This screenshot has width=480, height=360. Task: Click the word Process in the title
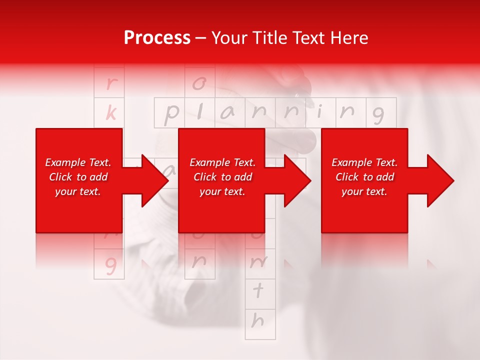pyautogui.click(x=157, y=38)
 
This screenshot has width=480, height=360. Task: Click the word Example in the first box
pyautogui.click(x=65, y=162)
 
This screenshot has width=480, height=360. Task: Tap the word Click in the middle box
pyautogui.click(x=204, y=177)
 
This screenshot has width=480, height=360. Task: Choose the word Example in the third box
pyautogui.click(x=351, y=162)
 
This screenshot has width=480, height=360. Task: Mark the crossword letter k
pyautogui.click(x=110, y=113)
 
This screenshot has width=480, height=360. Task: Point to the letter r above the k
pyautogui.click(x=110, y=83)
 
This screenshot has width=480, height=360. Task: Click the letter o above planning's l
pyautogui.click(x=199, y=83)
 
